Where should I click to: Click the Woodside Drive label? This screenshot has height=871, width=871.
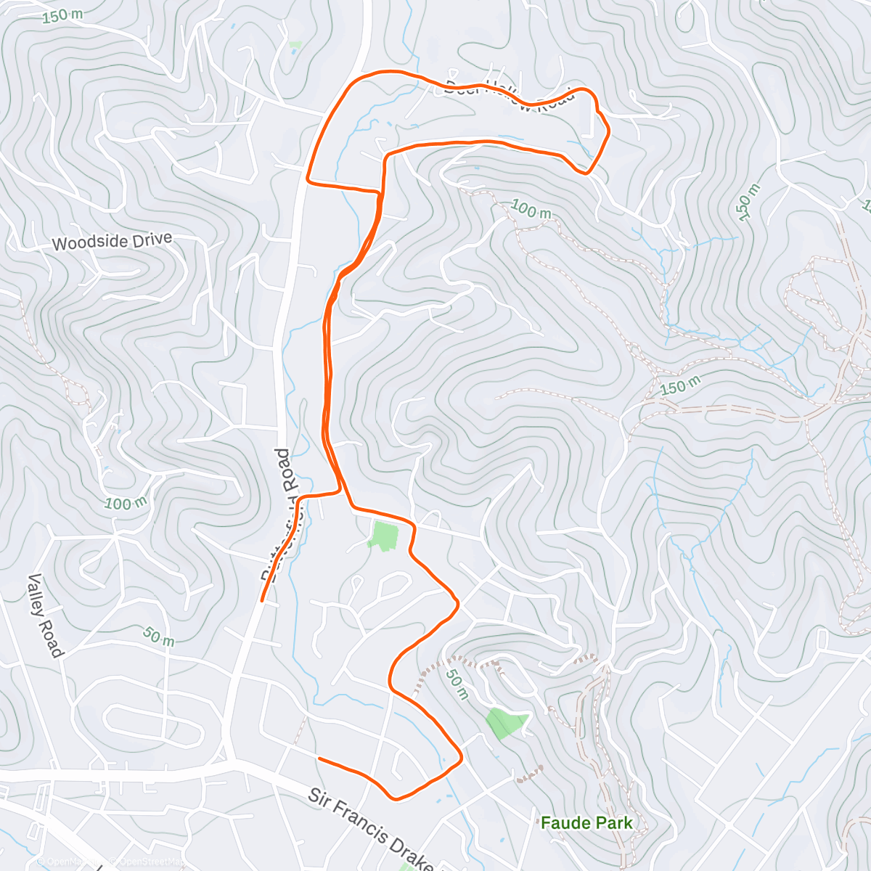pyautogui.click(x=112, y=242)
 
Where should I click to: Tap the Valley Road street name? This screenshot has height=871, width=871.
pyautogui.click(x=44, y=616)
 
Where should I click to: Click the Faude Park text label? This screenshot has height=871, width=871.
pyautogui.click(x=586, y=823)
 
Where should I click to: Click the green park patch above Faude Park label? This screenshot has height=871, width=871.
pyautogui.click(x=507, y=722)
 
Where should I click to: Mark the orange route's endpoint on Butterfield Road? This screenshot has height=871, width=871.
pyautogui.click(x=262, y=600)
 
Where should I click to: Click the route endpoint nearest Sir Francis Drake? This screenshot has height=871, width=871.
pyautogui.click(x=319, y=758)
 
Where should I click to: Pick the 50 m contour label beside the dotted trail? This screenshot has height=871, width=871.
pyautogui.click(x=456, y=684)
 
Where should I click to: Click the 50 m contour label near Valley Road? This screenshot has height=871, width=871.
pyautogui.click(x=158, y=637)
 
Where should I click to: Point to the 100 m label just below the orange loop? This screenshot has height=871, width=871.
pyautogui.click(x=531, y=210)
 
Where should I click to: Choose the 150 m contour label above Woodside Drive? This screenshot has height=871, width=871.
pyautogui.click(x=62, y=15)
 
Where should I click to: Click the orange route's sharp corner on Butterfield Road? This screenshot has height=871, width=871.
pyautogui.click(x=309, y=179)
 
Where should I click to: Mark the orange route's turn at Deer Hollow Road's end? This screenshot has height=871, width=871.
pyautogui.click(x=607, y=131)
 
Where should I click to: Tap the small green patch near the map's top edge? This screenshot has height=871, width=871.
pyautogui.click(x=295, y=45)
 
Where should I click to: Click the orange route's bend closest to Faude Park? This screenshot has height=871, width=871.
pyautogui.click(x=461, y=758)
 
